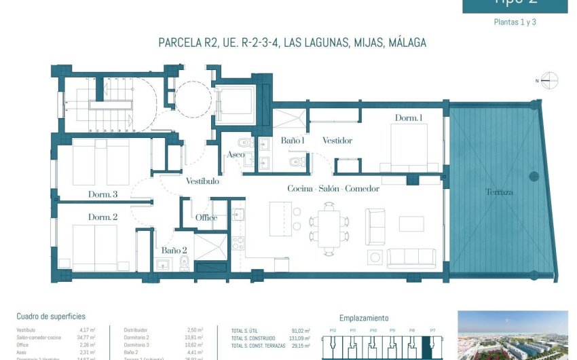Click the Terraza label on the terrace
(499, 192)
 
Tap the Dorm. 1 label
(409, 118)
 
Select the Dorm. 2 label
(103, 217)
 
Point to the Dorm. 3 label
(103, 194)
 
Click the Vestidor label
(337, 141)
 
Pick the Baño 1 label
(293, 141)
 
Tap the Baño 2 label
(174, 251)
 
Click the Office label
(206, 218)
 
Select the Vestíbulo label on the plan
(202, 181)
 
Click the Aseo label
(236, 155)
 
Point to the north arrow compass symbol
(548, 81)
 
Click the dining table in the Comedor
(329, 229)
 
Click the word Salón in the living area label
(329, 188)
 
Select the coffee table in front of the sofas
(411, 223)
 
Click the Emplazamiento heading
(363, 318)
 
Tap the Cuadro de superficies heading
(51, 317)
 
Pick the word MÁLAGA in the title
(403, 43)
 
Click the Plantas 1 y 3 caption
(515, 22)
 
